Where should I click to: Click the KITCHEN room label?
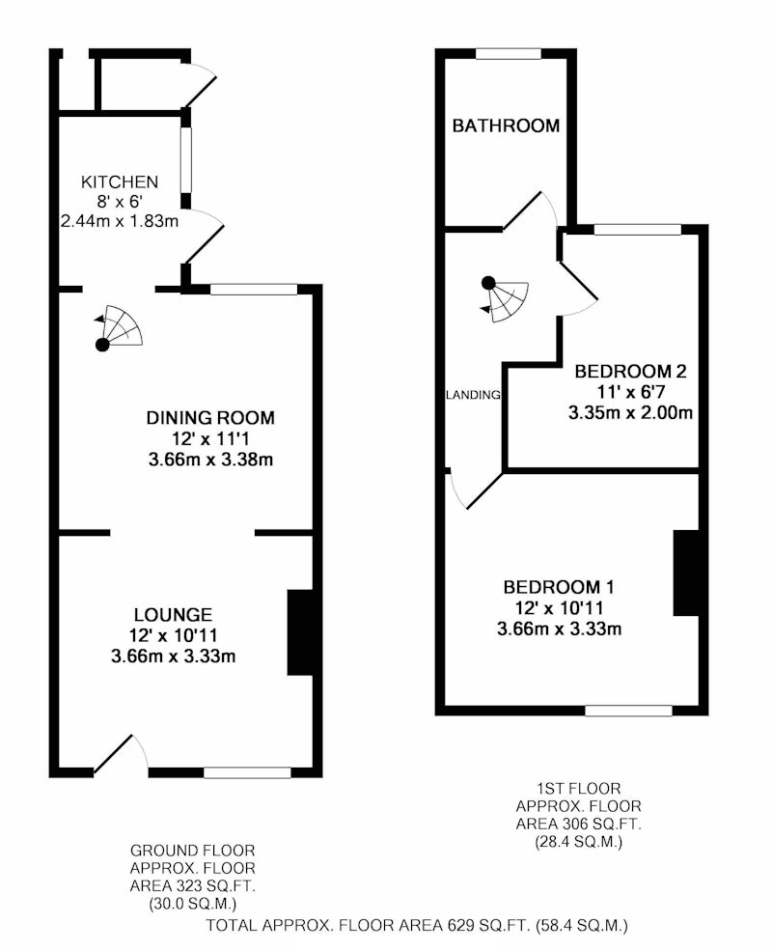120,182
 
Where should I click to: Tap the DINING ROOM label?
210,417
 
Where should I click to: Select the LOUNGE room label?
173,614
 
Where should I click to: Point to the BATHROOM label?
506,126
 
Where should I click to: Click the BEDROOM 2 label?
630,371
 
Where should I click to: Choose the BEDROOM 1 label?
559,587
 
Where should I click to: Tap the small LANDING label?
473,395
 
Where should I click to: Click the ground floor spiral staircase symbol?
119,328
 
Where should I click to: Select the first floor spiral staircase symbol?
505,299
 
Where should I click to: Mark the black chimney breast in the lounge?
300,632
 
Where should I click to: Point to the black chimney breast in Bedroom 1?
686,573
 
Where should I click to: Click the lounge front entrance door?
121,755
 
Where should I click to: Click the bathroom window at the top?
509,54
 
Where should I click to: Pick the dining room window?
254,290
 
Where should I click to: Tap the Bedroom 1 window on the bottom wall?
629,711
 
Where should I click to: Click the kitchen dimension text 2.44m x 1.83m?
120,221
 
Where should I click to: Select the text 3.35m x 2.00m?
630,413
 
